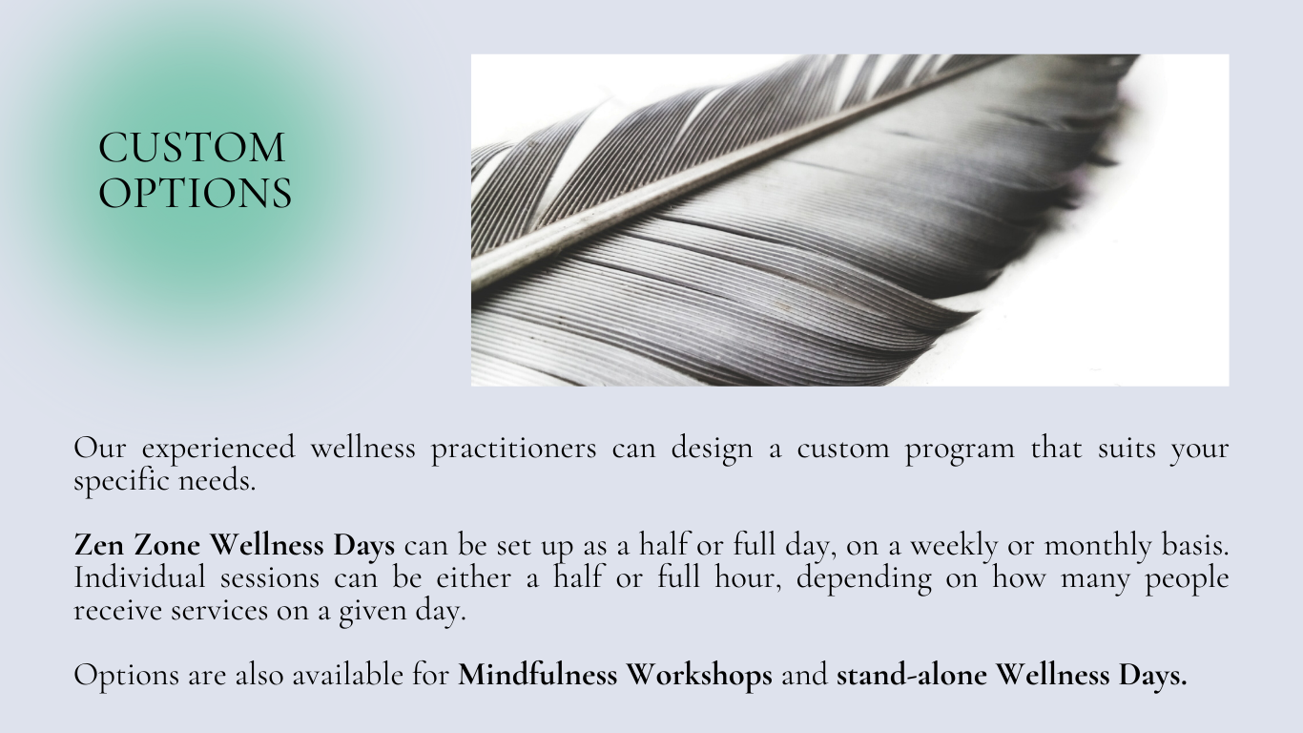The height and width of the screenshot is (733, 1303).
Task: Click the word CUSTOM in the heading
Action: point(192,147)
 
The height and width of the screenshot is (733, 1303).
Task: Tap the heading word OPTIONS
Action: point(195,193)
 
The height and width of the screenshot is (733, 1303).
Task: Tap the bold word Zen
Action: point(99,545)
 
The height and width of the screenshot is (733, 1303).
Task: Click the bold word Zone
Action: point(167,545)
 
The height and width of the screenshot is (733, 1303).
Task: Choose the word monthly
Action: point(1098,547)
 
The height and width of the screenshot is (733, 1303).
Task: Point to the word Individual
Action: point(139,577)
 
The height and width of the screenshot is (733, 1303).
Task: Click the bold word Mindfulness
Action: point(537,675)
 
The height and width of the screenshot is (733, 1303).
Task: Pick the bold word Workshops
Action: point(699,676)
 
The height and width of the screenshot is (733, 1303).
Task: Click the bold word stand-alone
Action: point(912,675)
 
